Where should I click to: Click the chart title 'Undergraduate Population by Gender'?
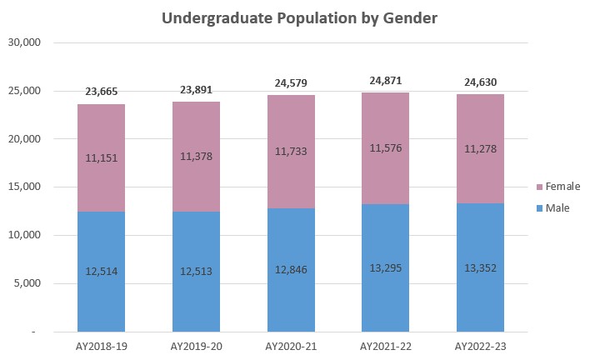[299, 17]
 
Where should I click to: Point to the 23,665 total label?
[101, 92]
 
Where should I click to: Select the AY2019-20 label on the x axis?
[196, 345]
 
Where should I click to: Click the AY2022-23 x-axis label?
[480, 345]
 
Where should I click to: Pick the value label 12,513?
[196, 271]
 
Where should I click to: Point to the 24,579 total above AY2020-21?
[291, 82]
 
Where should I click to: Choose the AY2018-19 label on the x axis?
[101, 345]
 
